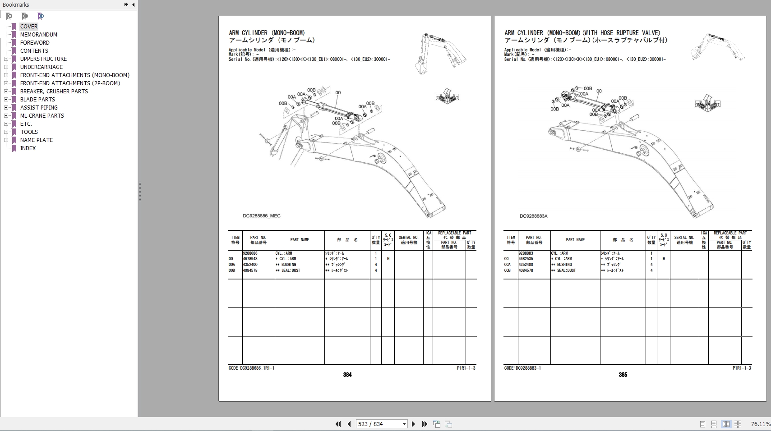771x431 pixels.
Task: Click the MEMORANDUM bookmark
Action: click(x=38, y=35)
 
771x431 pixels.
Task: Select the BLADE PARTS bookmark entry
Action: click(x=37, y=100)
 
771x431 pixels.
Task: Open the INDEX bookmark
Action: click(x=28, y=148)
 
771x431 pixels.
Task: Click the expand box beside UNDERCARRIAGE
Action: click(x=6, y=67)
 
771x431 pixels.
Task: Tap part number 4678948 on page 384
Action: click(x=250, y=259)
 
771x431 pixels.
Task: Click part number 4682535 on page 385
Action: click(x=526, y=259)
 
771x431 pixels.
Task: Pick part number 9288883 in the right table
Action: click(x=526, y=253)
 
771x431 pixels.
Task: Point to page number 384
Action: click(x=347, y=375)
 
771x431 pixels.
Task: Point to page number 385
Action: click(x=623, y=375)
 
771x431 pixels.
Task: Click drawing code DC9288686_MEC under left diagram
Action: click(x=262, y=216)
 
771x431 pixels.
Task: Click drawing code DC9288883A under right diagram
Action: click(x=533, y=216)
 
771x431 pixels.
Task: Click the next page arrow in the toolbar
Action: click(x=413, y=424)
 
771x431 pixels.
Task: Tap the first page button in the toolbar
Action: click(x=338, y=424)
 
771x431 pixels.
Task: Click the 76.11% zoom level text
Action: click(x=761, y=424)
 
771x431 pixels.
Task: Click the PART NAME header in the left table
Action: click(x=300, y=240)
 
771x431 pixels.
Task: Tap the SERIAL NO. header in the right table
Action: click(x=684, y=240)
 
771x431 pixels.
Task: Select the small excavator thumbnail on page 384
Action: click(x=440, y=54)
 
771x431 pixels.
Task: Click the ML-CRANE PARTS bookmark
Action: click(x=42, y=116)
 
